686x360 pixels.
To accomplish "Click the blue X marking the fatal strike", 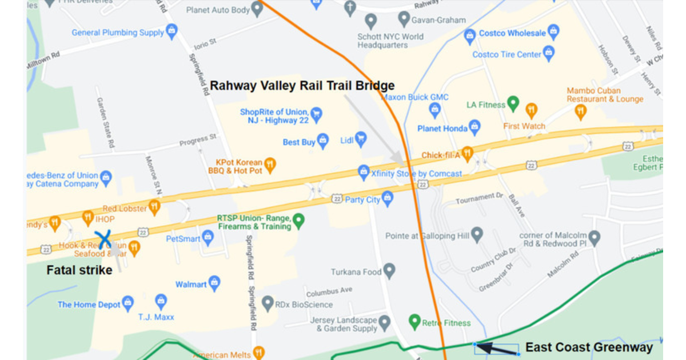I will pos(103,239).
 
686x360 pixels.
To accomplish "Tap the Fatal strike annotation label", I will pos(79,270).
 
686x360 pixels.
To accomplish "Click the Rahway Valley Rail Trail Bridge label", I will pos(302,86).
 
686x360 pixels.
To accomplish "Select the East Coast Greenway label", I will pos(589,347).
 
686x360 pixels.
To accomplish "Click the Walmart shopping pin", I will pos(214,281).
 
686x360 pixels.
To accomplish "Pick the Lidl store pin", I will pos(361,137).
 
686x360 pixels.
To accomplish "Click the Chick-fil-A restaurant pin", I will pos(467,153).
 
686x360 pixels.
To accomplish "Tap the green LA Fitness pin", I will pos(513,103).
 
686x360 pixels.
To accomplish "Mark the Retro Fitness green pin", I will pos(414,321).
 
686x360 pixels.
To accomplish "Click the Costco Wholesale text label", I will pos(512,33).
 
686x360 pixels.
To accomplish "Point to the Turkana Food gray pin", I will pos(389,270).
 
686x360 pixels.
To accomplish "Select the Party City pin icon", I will pos(388,198).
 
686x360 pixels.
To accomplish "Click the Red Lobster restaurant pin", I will pos(154,206).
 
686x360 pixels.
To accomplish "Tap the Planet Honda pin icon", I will pos(474,127).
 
